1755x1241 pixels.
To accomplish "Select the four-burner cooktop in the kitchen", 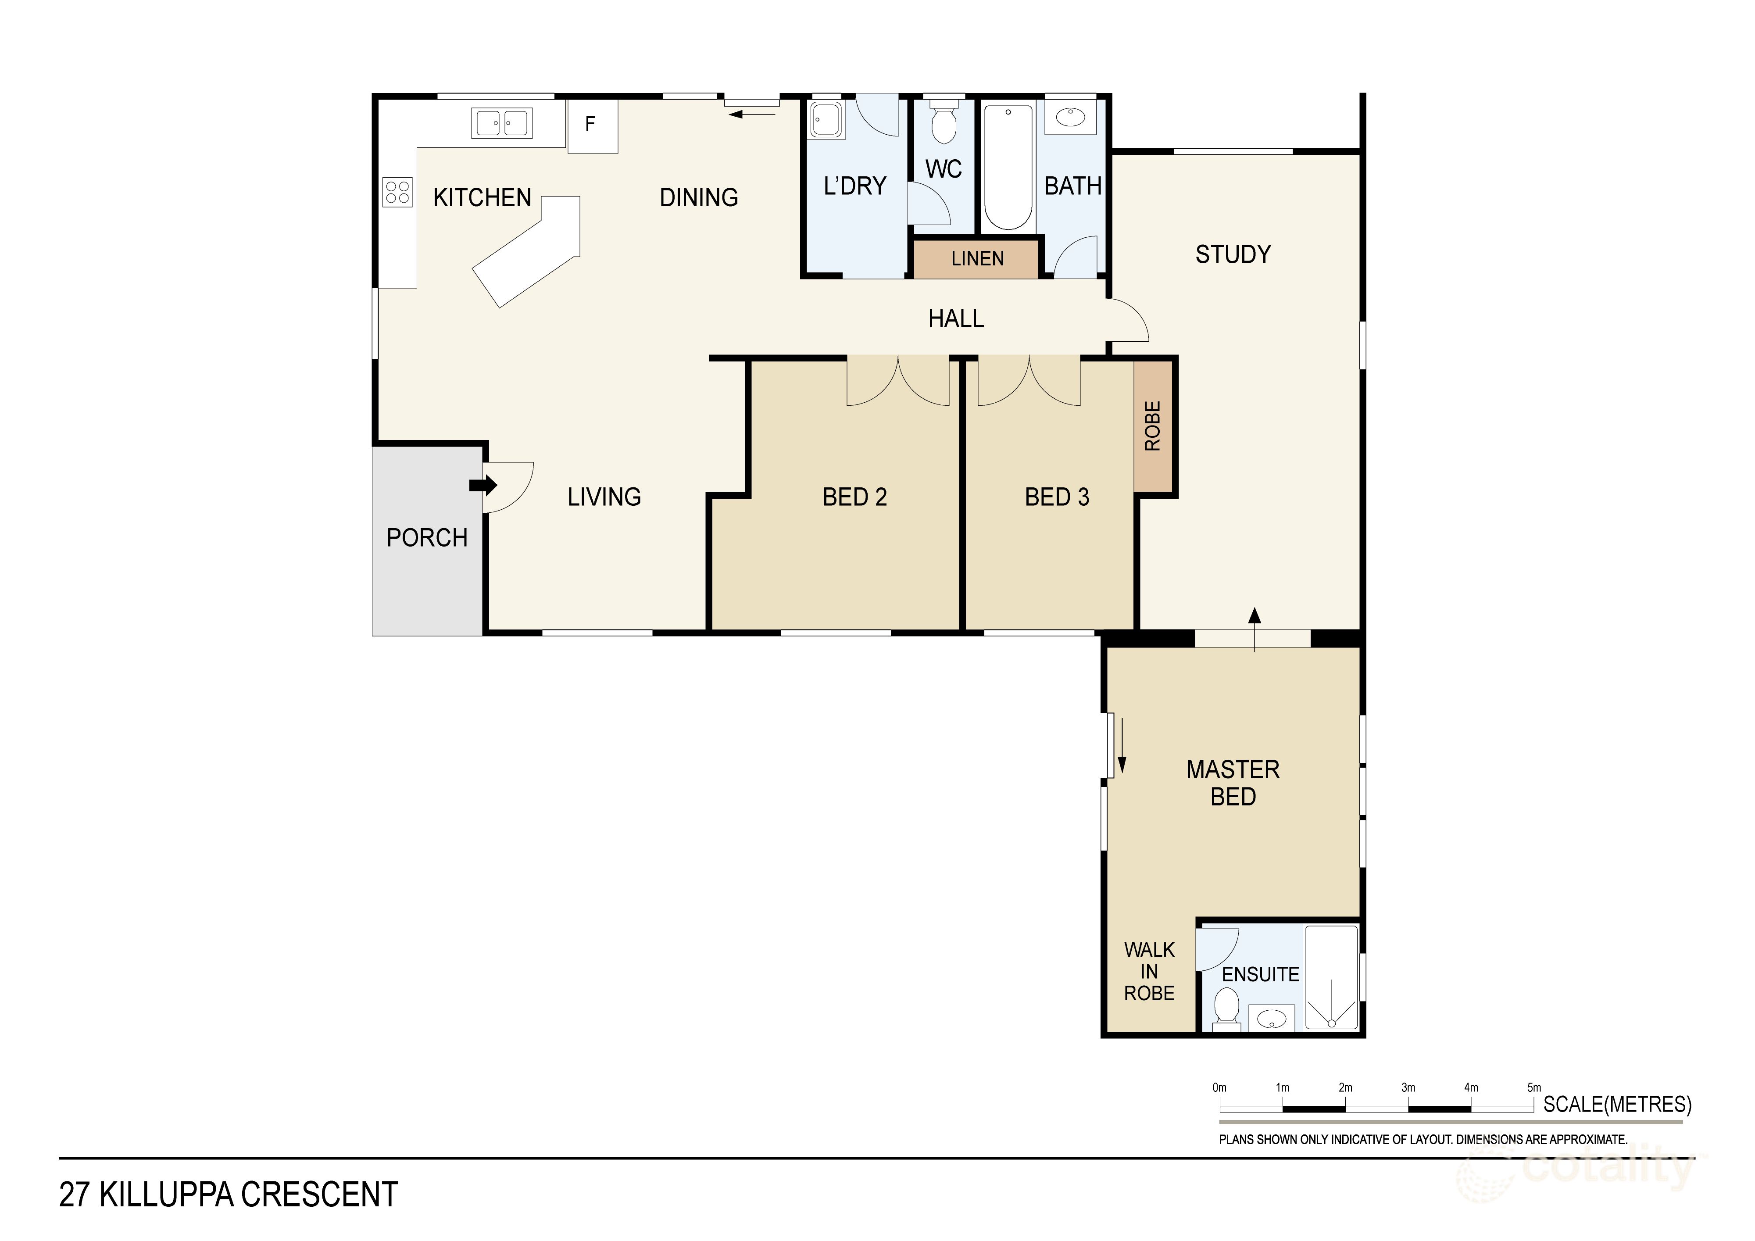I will (397, 192).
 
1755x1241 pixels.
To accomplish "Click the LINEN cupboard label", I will (977, 259).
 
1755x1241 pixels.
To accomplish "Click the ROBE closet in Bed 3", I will (1153, 426).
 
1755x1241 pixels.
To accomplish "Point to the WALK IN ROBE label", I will (1149, 971).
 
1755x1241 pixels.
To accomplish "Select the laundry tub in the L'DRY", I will (826, 121).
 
